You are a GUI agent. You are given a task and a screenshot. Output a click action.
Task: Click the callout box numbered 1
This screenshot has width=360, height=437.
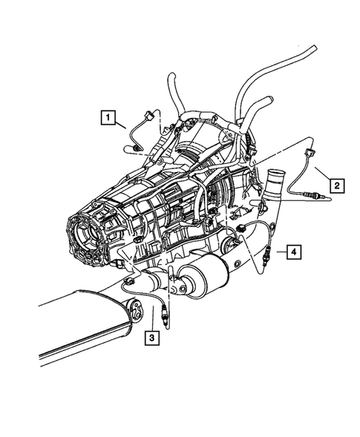[109, 116]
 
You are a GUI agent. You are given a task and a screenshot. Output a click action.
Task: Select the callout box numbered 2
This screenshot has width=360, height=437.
[337, 185]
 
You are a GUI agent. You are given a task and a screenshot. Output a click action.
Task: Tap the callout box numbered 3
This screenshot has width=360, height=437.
[151, 338]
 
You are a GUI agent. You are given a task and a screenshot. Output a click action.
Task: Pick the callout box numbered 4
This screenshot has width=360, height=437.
[295, 253]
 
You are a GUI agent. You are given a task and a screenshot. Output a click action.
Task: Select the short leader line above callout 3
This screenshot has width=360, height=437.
[151, 324]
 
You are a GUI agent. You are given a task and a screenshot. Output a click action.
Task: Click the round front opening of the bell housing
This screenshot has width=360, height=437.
[88, 237]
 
